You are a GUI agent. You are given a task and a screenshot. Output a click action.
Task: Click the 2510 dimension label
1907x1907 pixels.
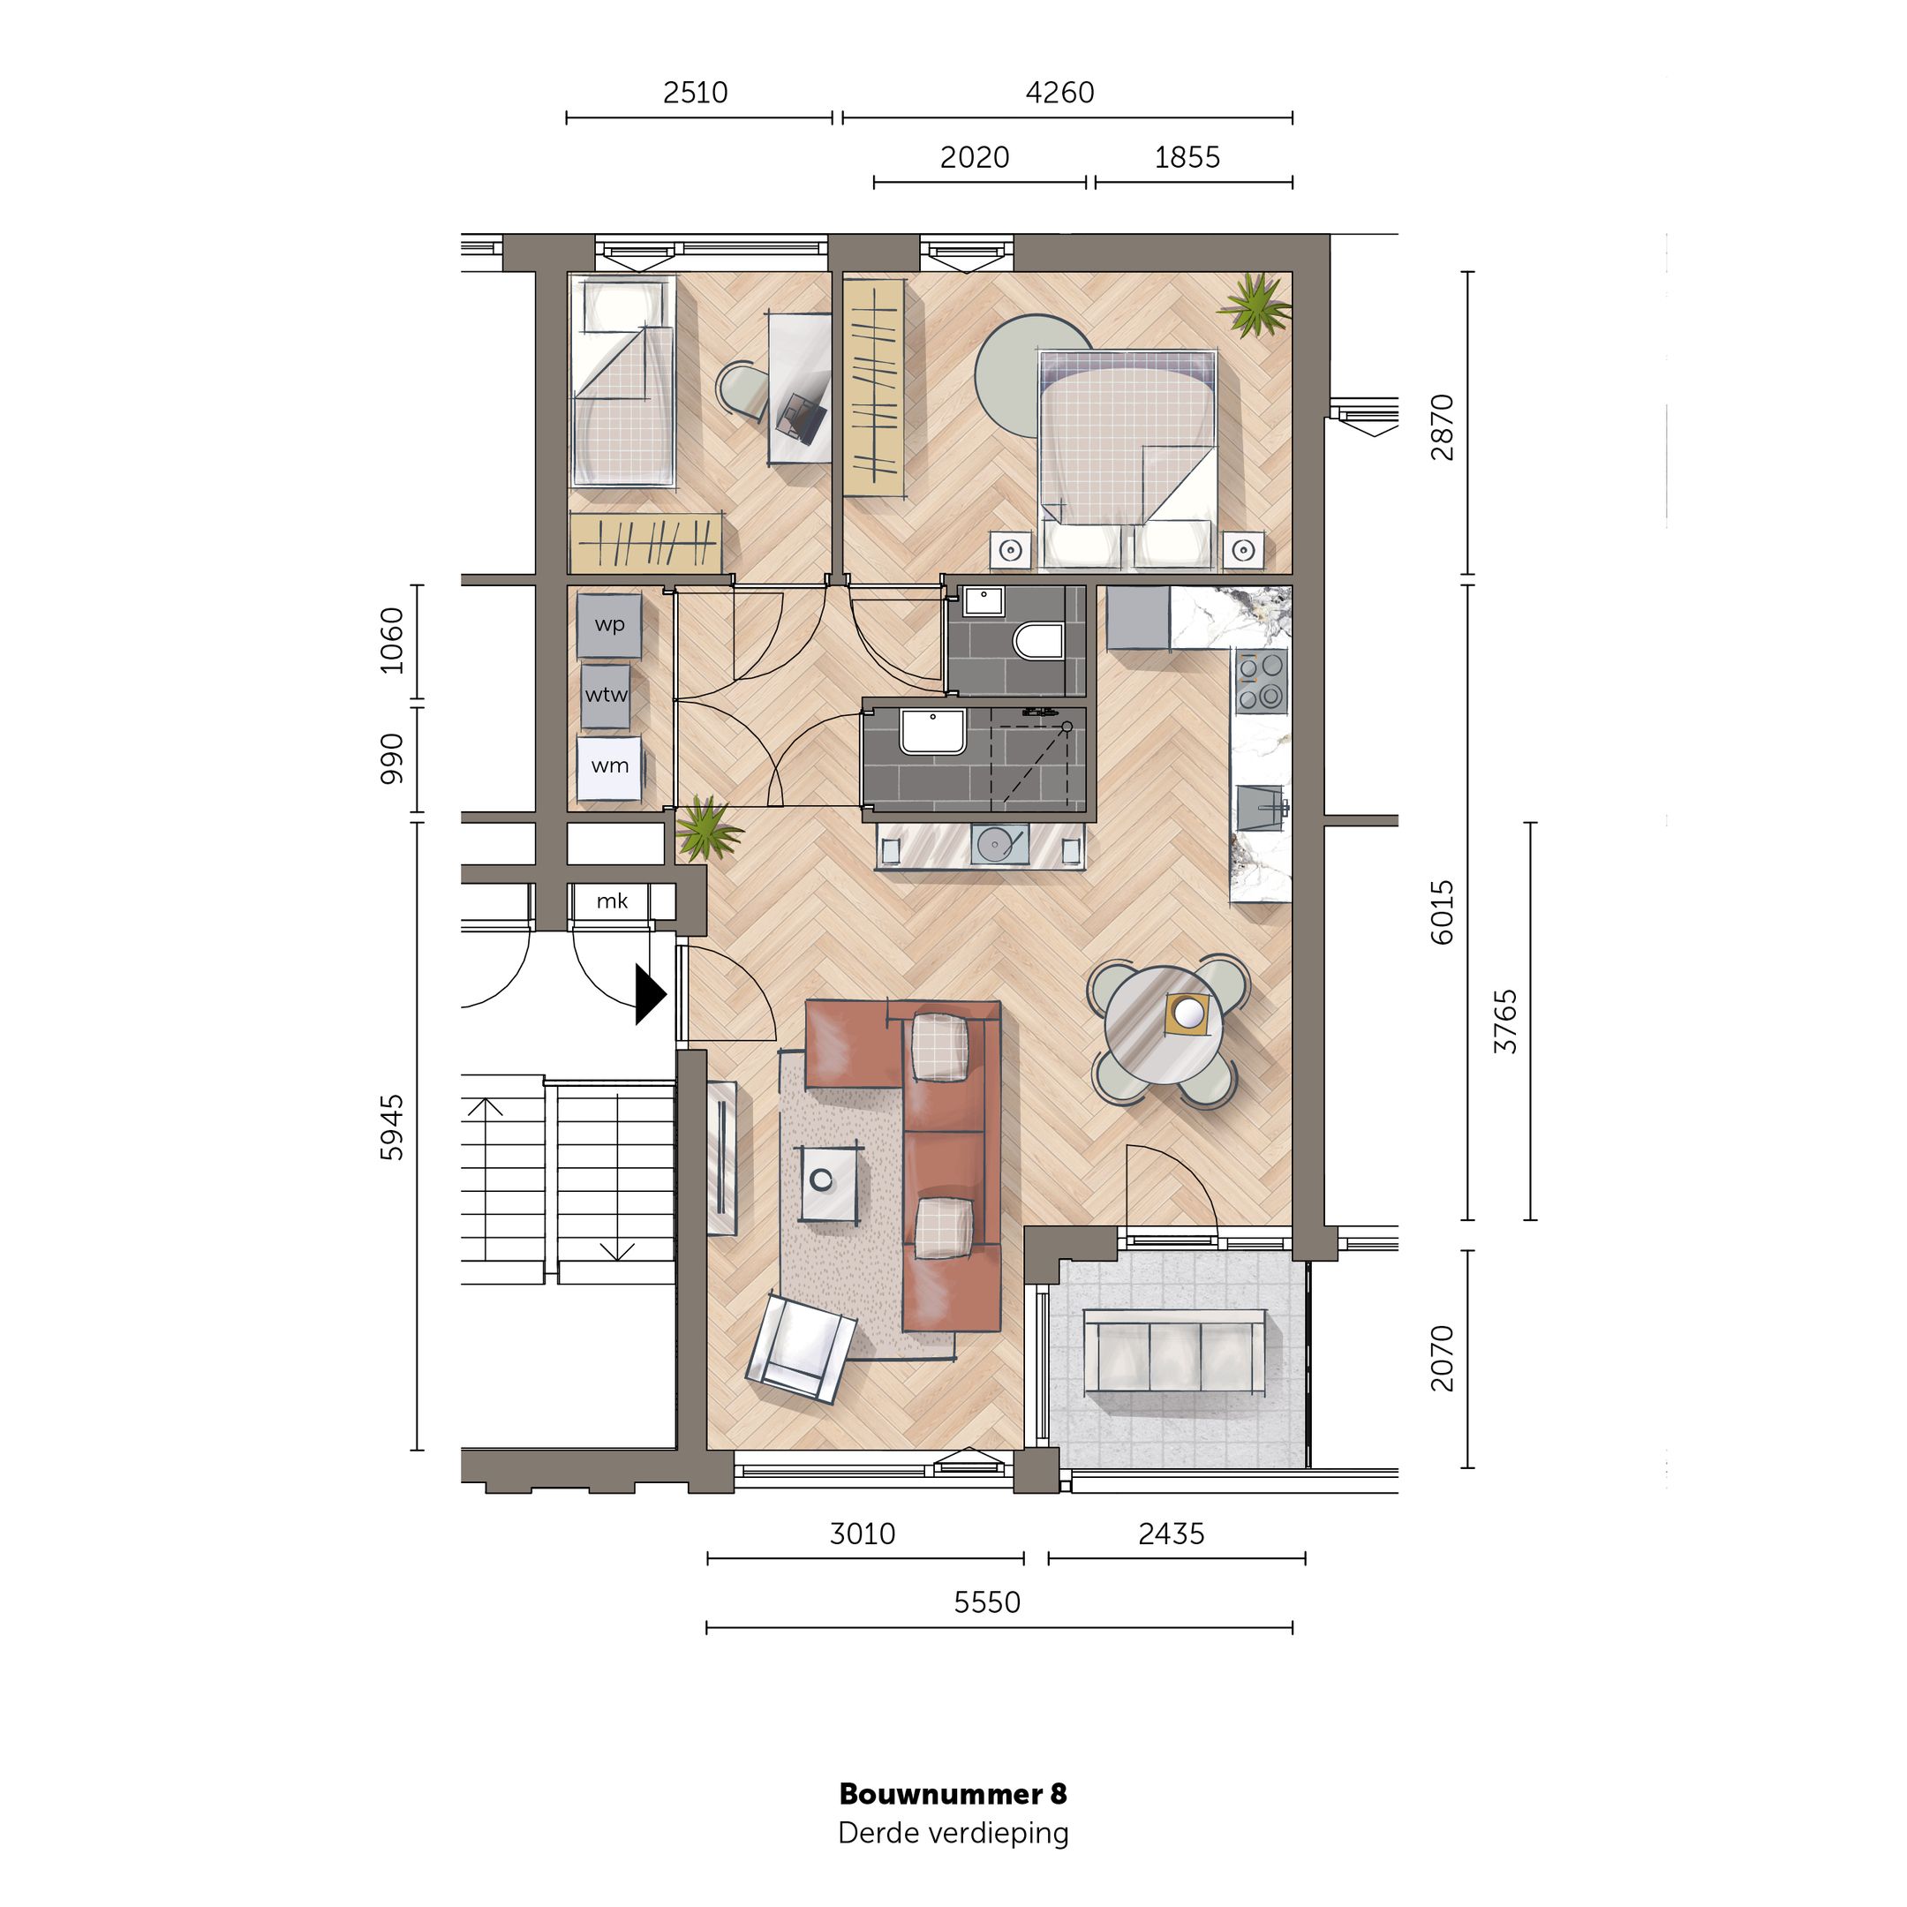coord(695,93)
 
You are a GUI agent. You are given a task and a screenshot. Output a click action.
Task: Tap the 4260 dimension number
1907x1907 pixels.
coord(1059,93)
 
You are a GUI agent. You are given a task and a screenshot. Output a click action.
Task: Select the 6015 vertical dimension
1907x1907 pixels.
coord(1442,912)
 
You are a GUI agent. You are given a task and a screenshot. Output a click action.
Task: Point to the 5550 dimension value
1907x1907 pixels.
coord(986,1602)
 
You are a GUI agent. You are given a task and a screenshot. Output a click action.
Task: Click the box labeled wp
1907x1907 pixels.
coord(609,625)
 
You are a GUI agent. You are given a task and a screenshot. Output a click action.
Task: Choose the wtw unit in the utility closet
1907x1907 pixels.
coord(606,695)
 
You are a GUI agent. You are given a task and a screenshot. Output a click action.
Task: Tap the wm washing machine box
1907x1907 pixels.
coord(609,766)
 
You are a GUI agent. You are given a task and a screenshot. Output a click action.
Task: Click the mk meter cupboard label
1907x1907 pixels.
coord(612,901)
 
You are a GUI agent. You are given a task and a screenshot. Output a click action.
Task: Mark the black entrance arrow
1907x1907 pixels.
coord(650,994)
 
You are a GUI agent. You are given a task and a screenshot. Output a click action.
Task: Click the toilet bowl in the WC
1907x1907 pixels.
coord(1038,641)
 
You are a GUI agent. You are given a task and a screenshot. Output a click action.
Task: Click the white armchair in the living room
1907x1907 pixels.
coord(801,1349)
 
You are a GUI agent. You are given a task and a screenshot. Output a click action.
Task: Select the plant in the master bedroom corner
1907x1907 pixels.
coord(1255,304)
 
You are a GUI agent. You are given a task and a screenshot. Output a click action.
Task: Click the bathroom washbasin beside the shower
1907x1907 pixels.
coord(931,731)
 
